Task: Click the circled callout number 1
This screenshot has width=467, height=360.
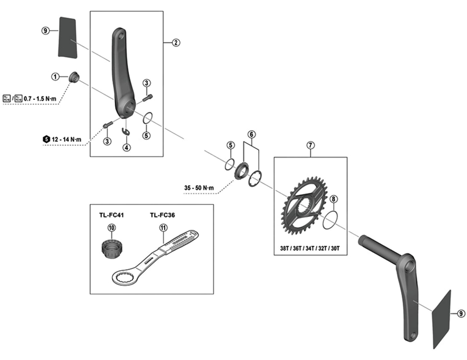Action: coord(55,76)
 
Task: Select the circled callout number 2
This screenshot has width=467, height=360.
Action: coord(176,42)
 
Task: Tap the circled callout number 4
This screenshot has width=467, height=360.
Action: coord(126,148)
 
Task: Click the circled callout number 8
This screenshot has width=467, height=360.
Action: coord(333,200)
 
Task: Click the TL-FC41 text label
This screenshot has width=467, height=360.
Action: coord(111,215)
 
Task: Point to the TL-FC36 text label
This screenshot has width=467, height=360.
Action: coord(163,215)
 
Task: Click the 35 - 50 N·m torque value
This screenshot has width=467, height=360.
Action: coord(198,187)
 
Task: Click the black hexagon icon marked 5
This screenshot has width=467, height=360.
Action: coord(46,139)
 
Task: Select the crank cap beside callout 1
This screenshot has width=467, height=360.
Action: coord(74,78)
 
